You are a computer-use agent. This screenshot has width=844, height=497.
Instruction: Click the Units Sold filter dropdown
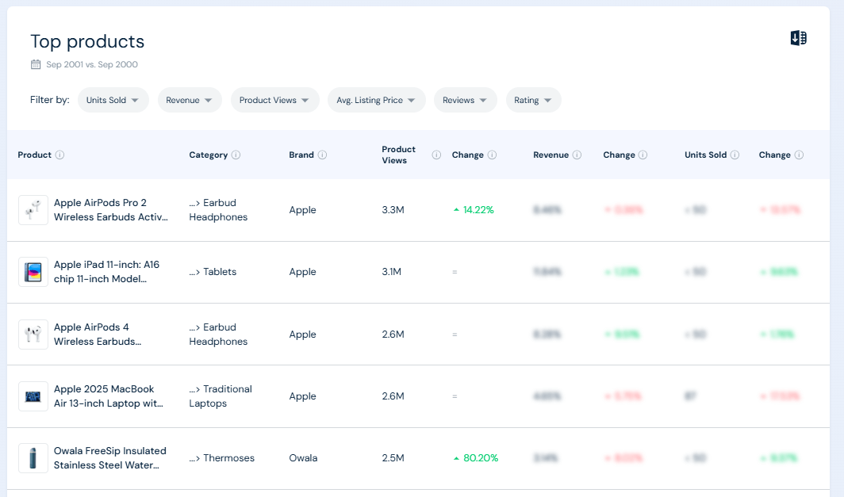point(113,100)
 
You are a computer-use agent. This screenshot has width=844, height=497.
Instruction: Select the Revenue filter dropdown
point(189,100)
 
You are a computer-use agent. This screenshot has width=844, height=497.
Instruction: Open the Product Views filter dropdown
point(274,100)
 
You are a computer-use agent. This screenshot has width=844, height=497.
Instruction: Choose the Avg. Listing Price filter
point(376,100)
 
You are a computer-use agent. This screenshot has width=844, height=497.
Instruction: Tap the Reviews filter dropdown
point(465,100)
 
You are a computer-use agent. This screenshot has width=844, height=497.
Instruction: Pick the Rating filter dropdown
point(533,100)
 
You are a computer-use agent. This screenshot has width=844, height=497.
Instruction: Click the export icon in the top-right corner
point(799,38)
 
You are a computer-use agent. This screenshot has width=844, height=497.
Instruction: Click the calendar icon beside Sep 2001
point(36,64)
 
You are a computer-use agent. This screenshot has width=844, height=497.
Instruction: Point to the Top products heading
point(87,41)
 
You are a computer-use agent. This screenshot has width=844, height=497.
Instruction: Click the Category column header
point(208,155)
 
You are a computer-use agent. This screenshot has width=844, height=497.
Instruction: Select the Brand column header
point(301,155)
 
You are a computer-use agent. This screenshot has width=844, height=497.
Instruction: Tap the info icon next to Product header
point(59,155)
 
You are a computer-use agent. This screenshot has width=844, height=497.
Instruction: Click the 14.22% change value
point(478,210)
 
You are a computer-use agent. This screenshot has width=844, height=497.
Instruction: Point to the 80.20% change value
point(480,458)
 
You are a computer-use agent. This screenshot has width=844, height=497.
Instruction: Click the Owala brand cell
point(303,458)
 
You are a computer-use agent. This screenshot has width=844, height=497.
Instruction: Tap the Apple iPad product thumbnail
point(33,272)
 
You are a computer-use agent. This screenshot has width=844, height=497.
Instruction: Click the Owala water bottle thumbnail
point(33,458)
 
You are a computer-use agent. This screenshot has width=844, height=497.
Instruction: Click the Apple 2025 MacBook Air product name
point(108,396)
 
